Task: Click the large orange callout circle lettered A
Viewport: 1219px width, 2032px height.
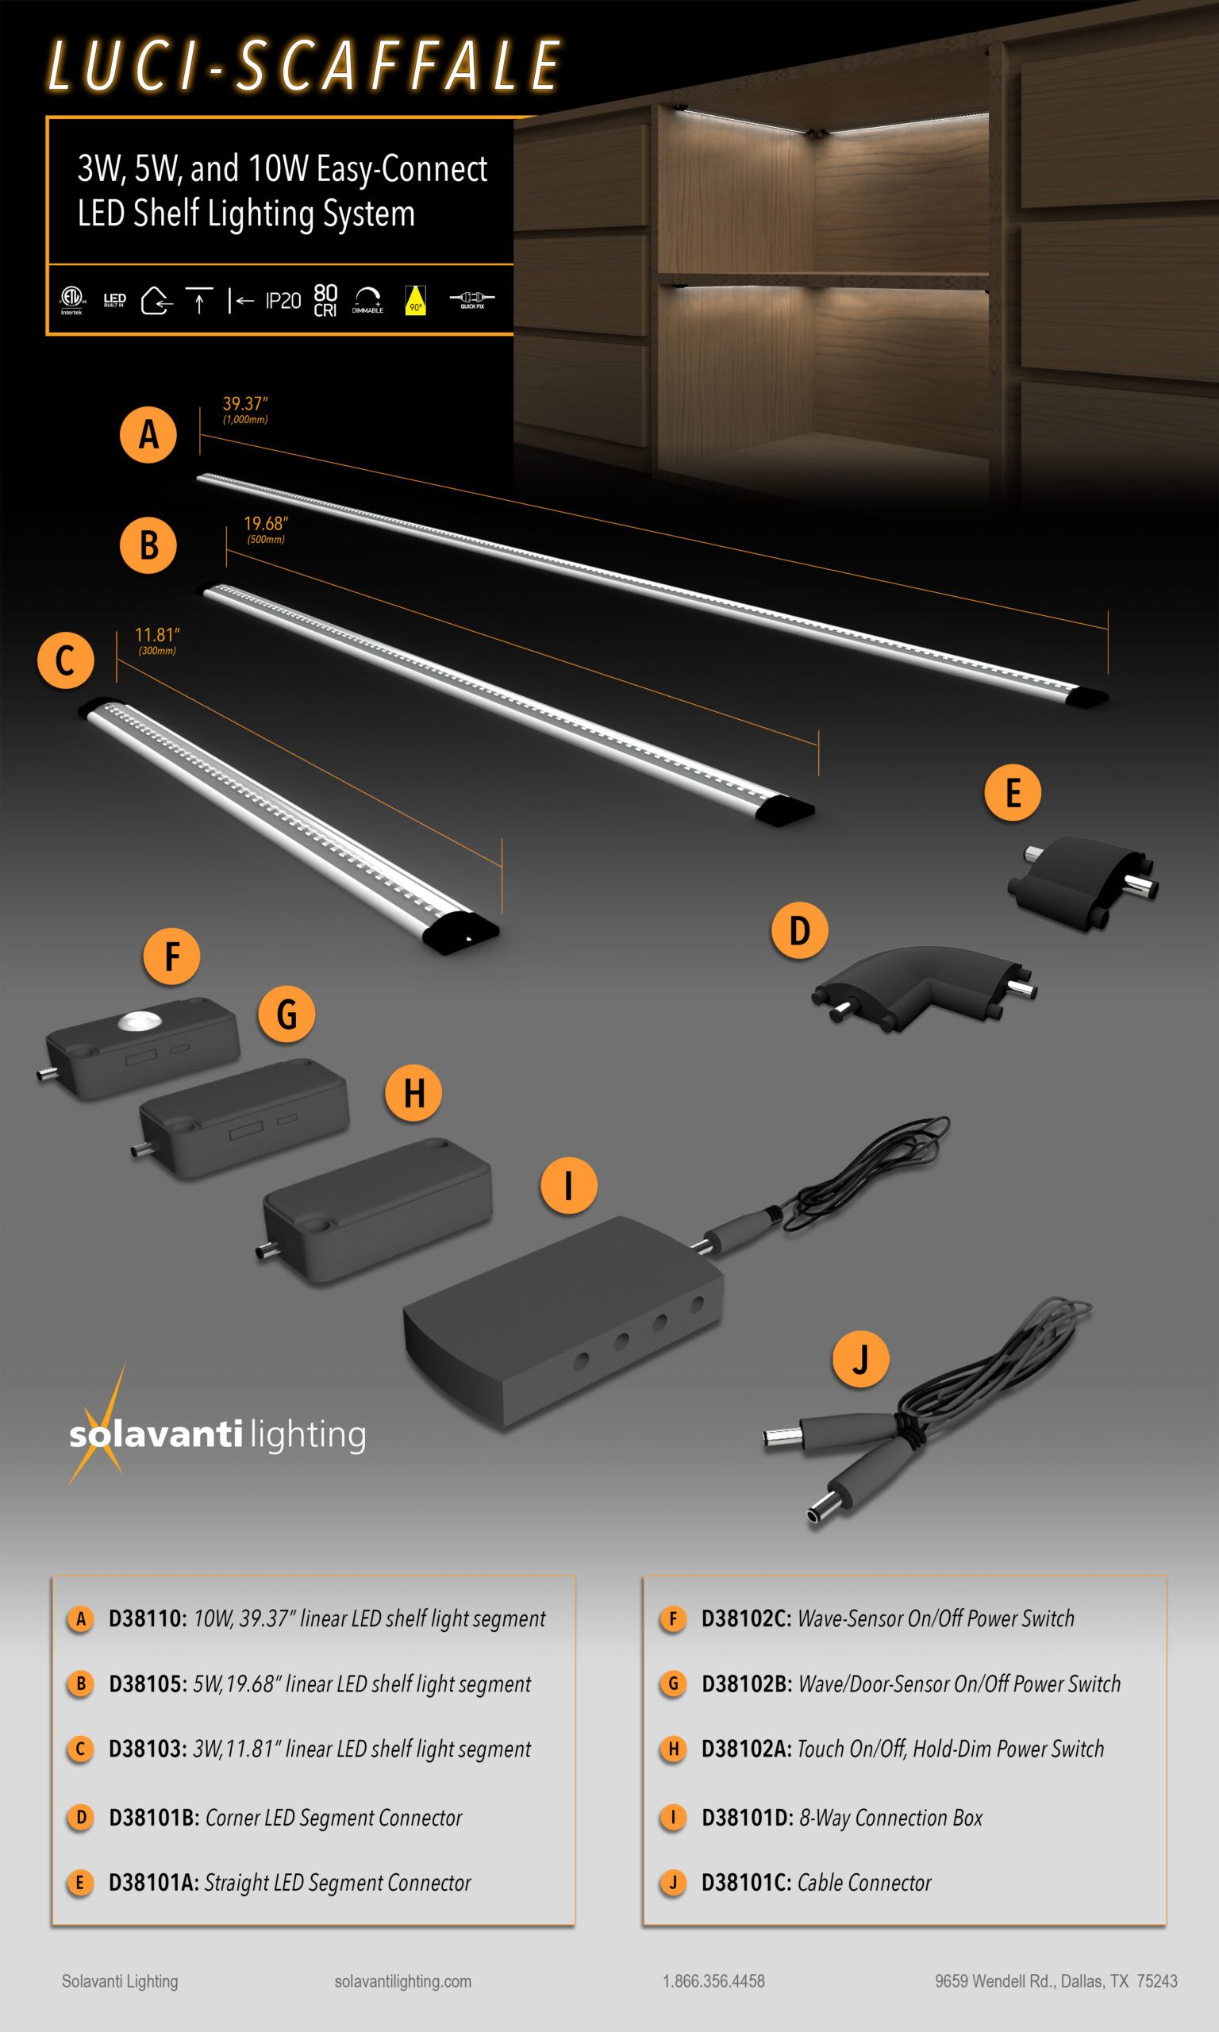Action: coord(148,433)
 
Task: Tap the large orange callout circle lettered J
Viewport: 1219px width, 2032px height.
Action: coord(860,1360)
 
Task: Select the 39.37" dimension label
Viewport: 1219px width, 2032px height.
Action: coord(244,404)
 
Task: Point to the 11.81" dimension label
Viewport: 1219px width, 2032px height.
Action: coord(157,635)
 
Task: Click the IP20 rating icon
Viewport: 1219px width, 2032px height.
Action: coord(283,302)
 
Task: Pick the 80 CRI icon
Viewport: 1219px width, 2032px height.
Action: coord(325,301)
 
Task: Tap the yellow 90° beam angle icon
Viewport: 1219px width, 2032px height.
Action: coord(416,301)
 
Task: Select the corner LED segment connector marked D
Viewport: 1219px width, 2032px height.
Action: coord(923,987)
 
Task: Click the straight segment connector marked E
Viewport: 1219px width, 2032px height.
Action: coord(1082,883)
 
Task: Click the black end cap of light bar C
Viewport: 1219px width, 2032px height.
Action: coord(461,932)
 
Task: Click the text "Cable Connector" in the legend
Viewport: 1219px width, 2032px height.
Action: coord(864,1883)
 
